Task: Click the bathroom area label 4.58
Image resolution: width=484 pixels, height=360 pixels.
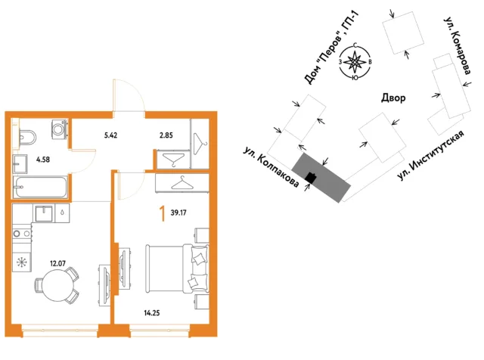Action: (43, 160)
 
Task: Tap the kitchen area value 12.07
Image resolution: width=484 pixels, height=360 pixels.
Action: (57, 263)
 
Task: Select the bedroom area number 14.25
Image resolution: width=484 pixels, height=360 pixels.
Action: (152, 313)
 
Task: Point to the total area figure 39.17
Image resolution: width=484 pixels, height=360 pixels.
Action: (178, 213)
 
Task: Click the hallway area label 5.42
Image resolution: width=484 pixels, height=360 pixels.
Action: (110, 135)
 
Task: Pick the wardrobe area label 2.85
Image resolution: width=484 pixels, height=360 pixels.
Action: (166, 135)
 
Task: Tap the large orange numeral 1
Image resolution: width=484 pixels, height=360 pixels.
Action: (162, 214)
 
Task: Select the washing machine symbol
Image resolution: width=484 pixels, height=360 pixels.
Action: (58, 129)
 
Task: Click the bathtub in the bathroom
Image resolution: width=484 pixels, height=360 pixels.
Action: (40, 187)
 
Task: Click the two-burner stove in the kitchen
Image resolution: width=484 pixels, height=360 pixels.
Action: (22, 234)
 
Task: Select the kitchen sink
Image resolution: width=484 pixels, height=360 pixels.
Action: (44, 213)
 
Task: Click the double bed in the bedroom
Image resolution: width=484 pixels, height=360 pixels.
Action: (177, 268)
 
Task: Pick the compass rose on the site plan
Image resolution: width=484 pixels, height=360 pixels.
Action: (355, 61)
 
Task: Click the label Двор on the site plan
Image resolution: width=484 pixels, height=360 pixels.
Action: (393, 98)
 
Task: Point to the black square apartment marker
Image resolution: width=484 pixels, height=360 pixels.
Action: (311, 178)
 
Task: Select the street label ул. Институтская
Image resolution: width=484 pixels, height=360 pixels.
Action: (431, 155)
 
